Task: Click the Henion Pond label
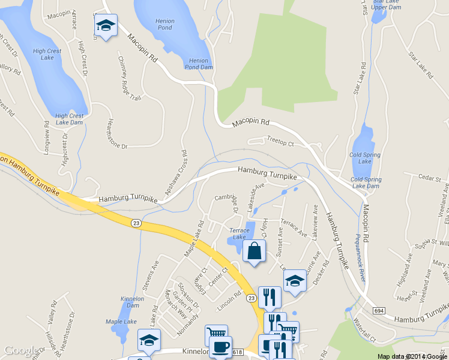point(164,24)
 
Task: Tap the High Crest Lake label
point(47,55)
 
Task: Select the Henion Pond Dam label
point(201,64)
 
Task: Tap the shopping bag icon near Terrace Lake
point(255,252)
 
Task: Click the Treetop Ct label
point(280,144)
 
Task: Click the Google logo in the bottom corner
point(20,350)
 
